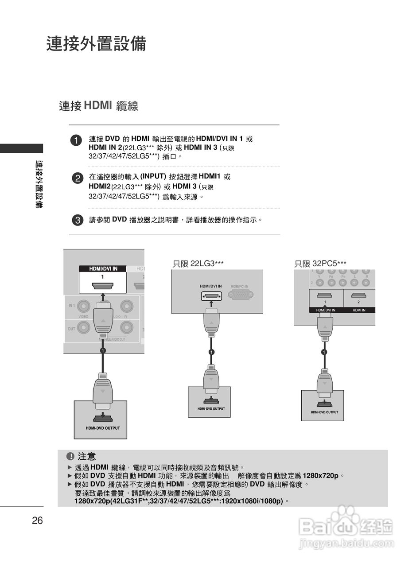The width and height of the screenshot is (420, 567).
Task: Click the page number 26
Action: pos(37,520)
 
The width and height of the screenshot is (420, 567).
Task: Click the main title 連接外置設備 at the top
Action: pos(96,44)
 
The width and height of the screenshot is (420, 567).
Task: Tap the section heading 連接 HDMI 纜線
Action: pos(98,106)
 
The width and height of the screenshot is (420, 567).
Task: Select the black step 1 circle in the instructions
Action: pos(77,140)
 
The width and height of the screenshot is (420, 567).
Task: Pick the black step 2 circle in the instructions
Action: pos(77,178)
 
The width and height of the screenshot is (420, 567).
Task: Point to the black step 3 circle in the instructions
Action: pos(77,220)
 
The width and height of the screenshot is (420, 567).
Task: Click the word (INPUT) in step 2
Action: pos(153,176)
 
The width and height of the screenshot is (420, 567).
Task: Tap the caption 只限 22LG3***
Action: pos(198,264)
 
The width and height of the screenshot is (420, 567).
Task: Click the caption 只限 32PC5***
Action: pos(320,264)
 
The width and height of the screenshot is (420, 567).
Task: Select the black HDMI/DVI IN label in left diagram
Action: pos(103,268)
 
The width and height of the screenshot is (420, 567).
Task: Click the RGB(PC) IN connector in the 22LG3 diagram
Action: pos(240,294)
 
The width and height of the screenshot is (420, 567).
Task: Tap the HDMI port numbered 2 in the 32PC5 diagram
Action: pos(358,295)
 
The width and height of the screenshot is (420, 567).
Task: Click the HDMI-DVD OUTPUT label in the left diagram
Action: pos(103,428)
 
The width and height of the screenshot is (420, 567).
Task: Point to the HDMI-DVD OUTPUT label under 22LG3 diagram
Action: pos(211,408)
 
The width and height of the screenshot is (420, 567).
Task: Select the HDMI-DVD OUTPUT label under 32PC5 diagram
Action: pos(324,412)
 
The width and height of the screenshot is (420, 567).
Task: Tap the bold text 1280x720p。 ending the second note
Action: pos(323,476)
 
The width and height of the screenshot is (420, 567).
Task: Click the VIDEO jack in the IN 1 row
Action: pos(84,307)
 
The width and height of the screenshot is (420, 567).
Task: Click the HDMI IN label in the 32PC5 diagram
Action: pos(359,310)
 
